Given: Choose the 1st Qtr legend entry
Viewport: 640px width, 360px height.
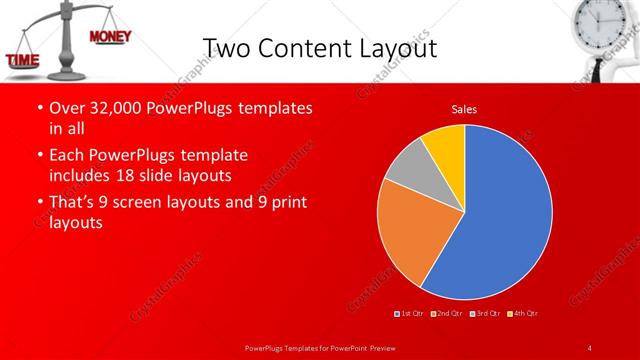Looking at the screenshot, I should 409,314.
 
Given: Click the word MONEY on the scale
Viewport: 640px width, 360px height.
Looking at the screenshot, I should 109,37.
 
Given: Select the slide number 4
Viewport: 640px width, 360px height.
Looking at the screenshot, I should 589,347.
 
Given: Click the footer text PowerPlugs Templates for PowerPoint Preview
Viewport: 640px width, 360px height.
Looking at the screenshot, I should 319,347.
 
